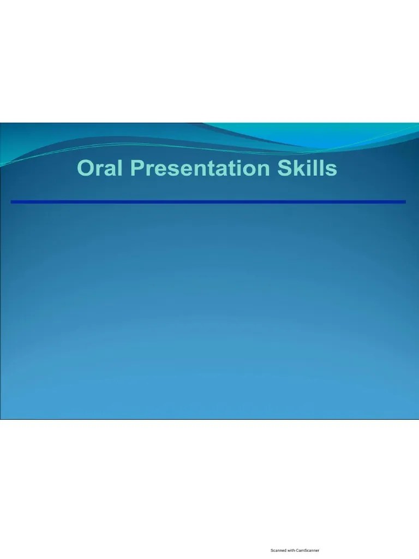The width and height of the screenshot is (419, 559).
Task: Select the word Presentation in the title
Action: tap(200, 168)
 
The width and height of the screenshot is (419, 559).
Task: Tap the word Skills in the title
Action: tap(307, 168)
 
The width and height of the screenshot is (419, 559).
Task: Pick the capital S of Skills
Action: tap(285, 168)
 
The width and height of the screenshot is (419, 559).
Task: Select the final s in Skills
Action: tap(331, 170)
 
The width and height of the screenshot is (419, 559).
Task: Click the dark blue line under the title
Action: tap(208, 202)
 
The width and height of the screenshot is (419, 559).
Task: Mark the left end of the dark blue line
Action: tap(11, 202)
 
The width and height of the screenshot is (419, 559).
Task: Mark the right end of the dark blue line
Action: tap(405, 202)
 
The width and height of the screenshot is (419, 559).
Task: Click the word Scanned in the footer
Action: tap(278, 550)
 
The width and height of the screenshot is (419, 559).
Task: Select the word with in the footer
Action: tap(291, 550)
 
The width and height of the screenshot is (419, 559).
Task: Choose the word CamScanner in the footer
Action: tap(308, 550)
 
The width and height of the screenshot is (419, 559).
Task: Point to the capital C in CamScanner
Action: tap(297, 550)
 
